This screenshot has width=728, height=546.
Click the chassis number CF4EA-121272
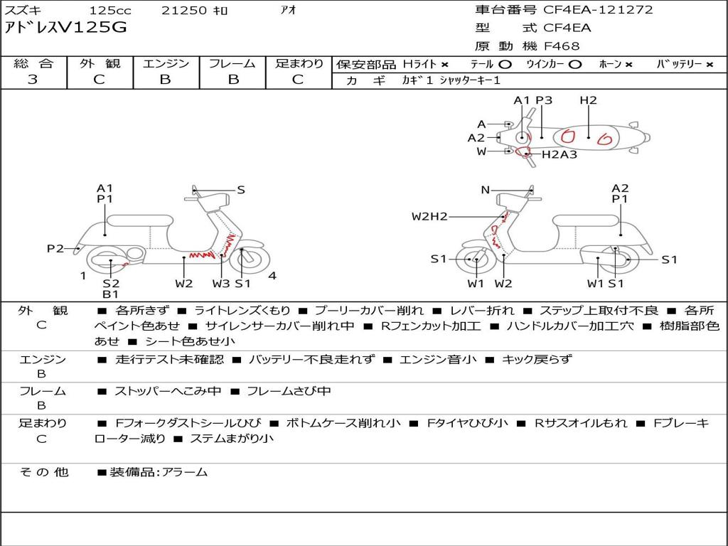click(598, 10)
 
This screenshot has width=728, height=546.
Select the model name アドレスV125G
click(65, 28)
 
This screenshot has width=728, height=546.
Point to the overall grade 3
click(33, 80)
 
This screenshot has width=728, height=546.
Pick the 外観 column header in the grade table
click(100, 63)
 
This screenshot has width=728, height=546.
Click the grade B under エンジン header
click(165, 80)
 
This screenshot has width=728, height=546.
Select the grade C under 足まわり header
click(298, 80)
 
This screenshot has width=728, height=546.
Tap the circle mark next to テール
click(505, 65)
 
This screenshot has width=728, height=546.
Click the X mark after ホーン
click(628, 65)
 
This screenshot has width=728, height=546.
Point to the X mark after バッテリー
click(710, 65)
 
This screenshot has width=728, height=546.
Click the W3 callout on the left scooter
click(221, 284)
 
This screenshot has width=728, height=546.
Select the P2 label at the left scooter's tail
click(55, 249)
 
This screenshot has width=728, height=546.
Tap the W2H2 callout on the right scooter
click(429, 216)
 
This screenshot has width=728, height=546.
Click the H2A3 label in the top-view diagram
click(560, 154)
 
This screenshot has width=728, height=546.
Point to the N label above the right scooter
click(485, 190)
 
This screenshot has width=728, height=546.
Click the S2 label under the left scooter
click(111, 284)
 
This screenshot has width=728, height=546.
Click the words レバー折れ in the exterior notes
click(483, 311)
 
